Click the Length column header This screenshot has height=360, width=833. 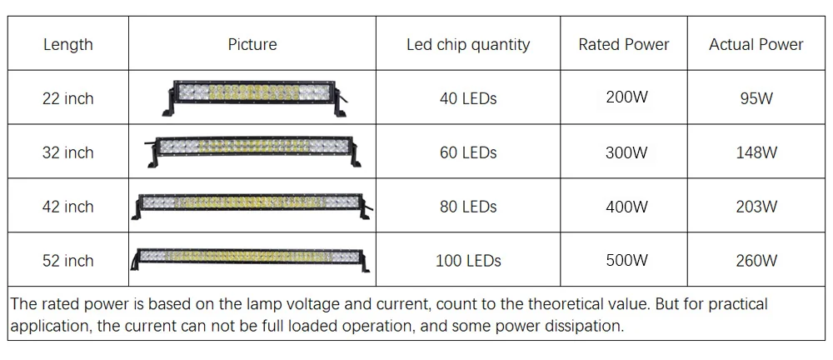pyautogui.click(x=68, y=44)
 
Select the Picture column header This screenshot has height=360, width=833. pyautogui.click(x=252, y=44)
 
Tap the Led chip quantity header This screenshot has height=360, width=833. pyautogui.click(x=468, y=44)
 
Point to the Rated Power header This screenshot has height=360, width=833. pyautogui.click(x=624, y=44)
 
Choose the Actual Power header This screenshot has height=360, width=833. pyautogui.click(x=756, y=44)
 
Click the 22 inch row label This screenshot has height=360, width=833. pyautogui.click(x=68, y=98)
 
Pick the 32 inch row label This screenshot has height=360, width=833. pyautogui.click(x=68, y=152)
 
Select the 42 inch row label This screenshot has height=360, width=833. pyautogui.click(x=68, y=207)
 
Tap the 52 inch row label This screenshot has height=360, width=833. pyautogui.click(x=68, y=261)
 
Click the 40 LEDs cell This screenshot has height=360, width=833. pyautogui.click(x=468, y=98)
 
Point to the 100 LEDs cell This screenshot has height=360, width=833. pyautogui.click(x=468, y=261)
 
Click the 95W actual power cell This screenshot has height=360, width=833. pyautogui.click(x=756, y=98)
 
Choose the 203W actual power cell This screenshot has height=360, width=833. pyautogui.click(x=756, y=207)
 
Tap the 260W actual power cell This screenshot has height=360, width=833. pyautogui.click(x=756, y=261)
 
